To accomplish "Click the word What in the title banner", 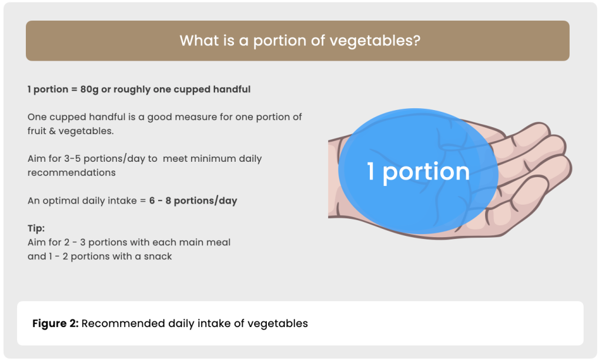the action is [x=195, y=41].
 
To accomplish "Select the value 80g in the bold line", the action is [x=89, y=89].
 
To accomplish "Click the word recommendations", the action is [x=71, y=172].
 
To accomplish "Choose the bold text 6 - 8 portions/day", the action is [x=193, y=201].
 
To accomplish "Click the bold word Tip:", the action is [x=36, y=228].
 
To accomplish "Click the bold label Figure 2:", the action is [x=55, y=324].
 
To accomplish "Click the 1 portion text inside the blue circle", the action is [x=418, y=171].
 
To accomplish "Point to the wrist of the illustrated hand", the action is [x=333, y=179].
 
